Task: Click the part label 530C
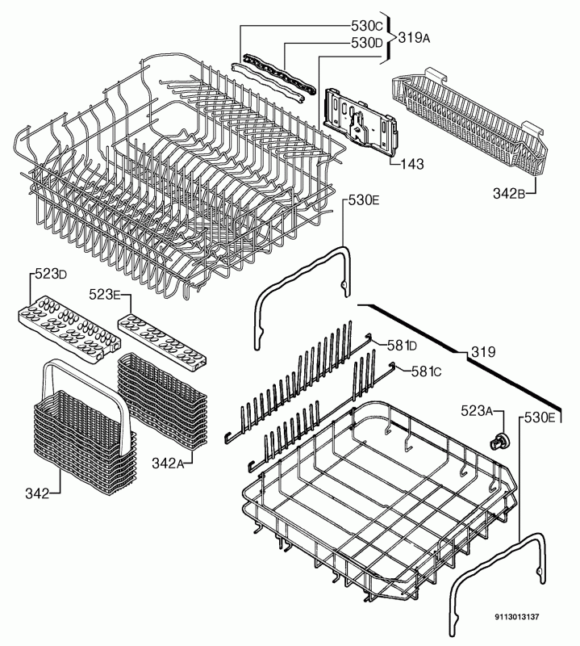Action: (x=367, y=26)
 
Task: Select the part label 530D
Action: (x=367, y=43)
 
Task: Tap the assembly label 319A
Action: (x=414, y=38)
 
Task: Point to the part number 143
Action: (x=411, y=164)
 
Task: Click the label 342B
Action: (x=509, y=193)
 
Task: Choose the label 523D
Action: (x=51, y=274)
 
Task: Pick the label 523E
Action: (x=104, y=295)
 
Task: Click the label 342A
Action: (x=168, y=463)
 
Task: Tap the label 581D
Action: (x=402, y=346)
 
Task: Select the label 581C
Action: (x=427, y=371)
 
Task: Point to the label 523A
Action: (x=477, y=411)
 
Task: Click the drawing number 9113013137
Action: (x=516, y=617)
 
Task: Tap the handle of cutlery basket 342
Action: (x=88, y=371)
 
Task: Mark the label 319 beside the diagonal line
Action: (x=483, y=352)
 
